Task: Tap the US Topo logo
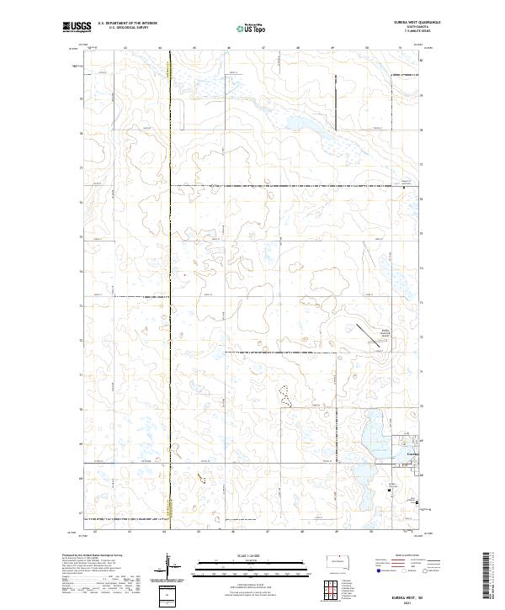click(252, 28)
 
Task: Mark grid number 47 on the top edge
click(264, 49)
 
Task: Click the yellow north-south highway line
click(170, 286)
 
